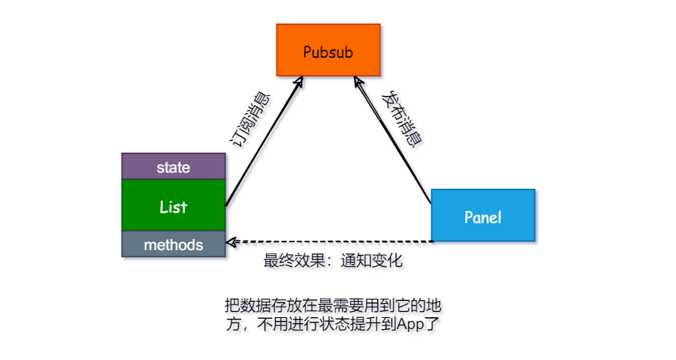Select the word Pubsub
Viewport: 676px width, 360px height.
click(329, 52)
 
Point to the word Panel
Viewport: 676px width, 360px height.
click(483, 217)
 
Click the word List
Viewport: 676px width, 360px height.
click(173, 207)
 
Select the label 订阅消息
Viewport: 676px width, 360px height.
click(250, 121)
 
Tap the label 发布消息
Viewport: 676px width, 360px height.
click(401, 120)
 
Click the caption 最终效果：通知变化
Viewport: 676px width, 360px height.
click(333, 261)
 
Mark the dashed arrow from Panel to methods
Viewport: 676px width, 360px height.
click(332, 241)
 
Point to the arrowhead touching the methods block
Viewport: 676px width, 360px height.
click(231, 241)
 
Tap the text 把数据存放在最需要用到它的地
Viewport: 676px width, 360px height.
click(333, 305)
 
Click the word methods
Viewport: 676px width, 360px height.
click(173, 243)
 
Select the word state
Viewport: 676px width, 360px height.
click(173, 167)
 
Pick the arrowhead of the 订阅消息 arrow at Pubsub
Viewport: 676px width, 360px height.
click(301, 79)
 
